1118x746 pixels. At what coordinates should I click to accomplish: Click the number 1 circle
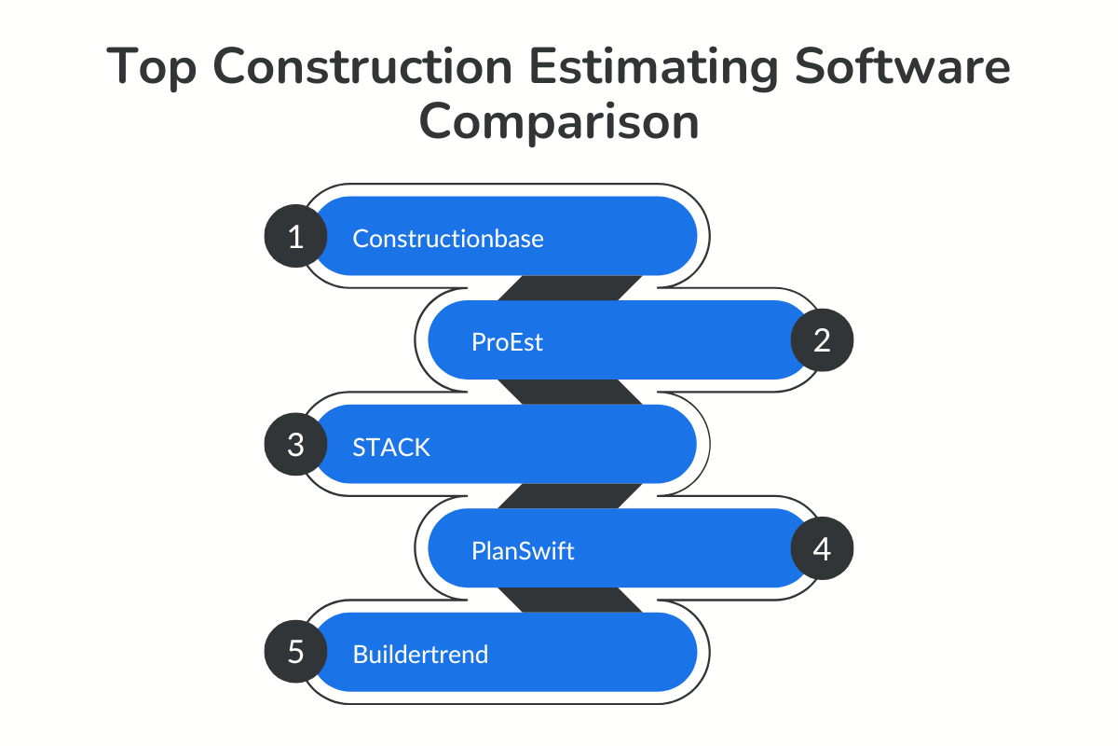point(295,237)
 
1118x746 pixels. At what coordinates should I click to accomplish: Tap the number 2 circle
point(822,340)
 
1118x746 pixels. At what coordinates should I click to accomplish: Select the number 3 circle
point(295,445)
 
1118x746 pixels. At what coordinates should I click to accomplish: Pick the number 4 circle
point(822,549)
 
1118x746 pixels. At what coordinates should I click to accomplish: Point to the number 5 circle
point(295,652)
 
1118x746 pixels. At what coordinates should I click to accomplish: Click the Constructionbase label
point(447,239)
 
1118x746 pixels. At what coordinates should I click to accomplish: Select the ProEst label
point(507,342)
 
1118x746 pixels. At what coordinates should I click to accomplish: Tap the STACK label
point(391,447)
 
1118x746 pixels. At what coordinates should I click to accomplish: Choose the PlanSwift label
point(523,551)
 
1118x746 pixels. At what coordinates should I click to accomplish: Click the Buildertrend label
point(420,654)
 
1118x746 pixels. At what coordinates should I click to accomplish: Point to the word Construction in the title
point(357,68)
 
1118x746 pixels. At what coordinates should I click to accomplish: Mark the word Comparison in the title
point(558,122)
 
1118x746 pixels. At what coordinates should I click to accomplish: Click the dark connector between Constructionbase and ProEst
point(569,288)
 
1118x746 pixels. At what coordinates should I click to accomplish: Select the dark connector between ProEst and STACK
point(569,392)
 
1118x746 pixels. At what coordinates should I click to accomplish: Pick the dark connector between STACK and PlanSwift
point(569,496)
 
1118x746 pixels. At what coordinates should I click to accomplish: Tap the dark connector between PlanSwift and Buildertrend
point(569,600)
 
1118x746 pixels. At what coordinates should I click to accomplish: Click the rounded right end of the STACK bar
point(675,445)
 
